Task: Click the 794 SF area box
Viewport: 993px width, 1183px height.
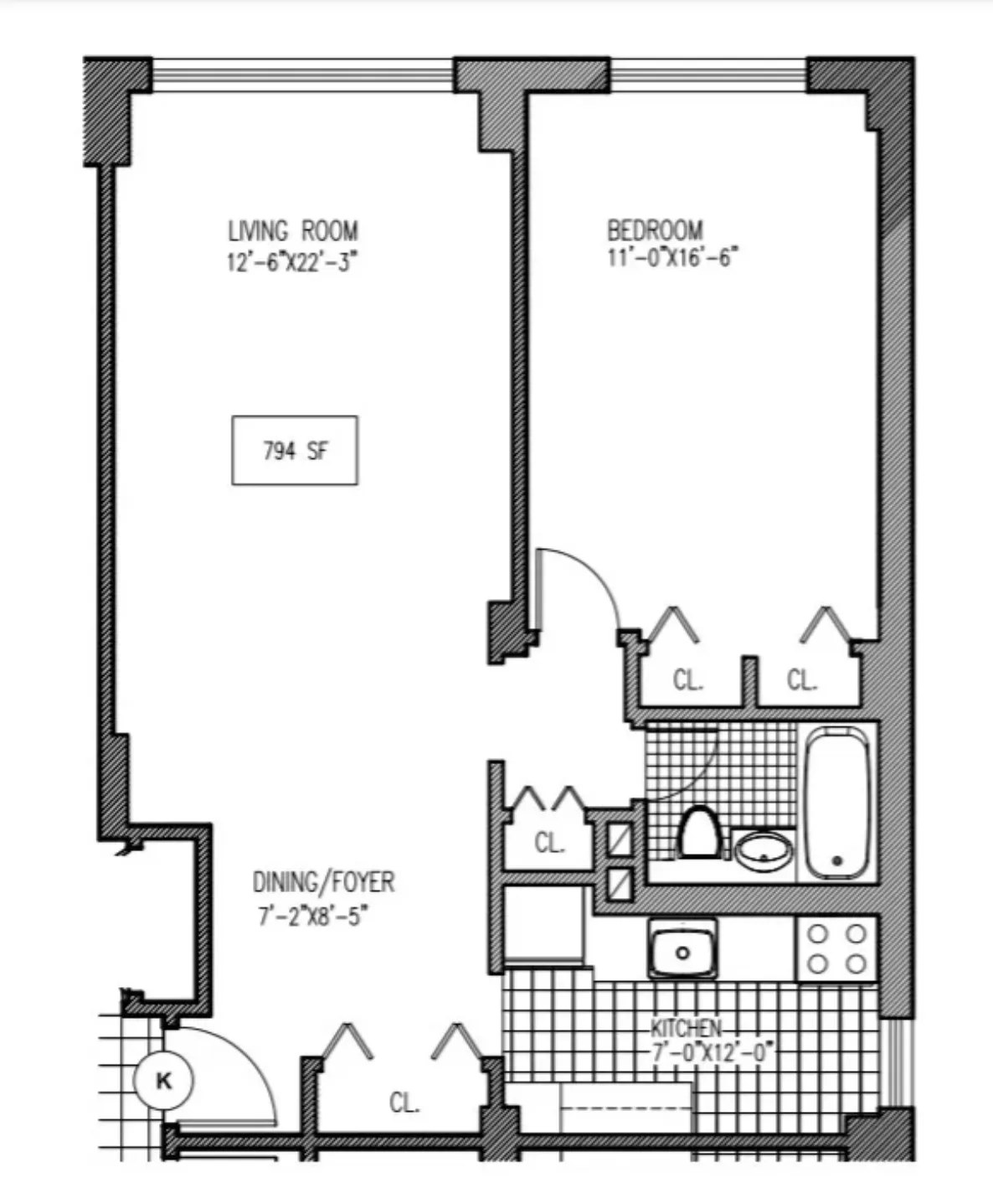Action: tap(295, 451)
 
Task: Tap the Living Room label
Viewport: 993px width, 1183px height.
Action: tap(293, 230)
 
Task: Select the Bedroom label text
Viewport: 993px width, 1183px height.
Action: tap(655, 230)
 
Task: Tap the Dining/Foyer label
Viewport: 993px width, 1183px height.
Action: tap(323, 882)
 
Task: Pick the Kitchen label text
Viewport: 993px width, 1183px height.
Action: tap(686, 1028)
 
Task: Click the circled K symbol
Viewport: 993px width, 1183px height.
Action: tap(163, 1081)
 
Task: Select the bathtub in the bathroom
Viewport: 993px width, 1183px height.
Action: tap(836, 802)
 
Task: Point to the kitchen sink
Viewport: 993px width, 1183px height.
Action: tap(683, 949)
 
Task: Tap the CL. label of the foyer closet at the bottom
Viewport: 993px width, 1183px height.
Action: tap(404, 1103)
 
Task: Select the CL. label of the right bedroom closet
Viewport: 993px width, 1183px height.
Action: tap(801, 680)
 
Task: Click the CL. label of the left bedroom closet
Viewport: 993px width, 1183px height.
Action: tap(687, 680)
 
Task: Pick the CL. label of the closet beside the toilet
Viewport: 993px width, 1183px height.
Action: tap(549, 842)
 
